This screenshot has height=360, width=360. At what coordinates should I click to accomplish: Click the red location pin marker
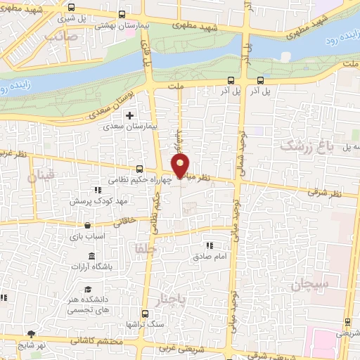tap(181, 165)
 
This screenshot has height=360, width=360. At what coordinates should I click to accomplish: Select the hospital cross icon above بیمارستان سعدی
tap(129, 115)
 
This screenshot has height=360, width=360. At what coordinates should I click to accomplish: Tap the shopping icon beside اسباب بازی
tap(87, 226)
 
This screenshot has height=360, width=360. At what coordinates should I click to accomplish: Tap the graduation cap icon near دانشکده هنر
tap(88, 290)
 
